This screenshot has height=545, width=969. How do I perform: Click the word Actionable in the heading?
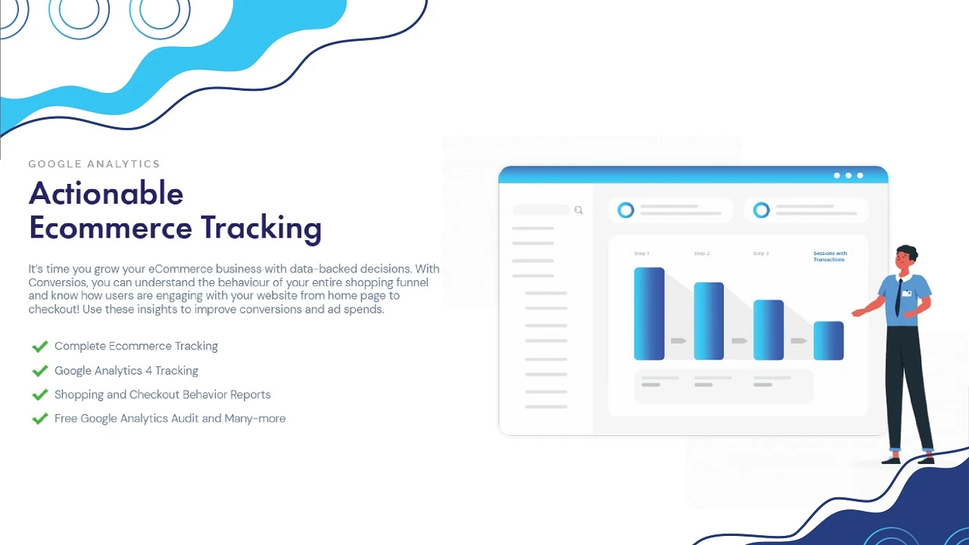[x=107, y=193]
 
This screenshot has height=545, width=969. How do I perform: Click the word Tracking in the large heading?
[x=261, y=229]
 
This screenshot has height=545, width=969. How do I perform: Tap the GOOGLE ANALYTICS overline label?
[x=95, y=164]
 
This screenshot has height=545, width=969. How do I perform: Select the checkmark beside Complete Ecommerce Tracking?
[x=40, y=347]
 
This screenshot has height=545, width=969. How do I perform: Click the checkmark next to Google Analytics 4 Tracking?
[x=40, y=371]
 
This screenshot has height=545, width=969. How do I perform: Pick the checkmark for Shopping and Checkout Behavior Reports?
[x=40, y=394]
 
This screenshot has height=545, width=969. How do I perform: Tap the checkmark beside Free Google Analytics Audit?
[x=40, y=419]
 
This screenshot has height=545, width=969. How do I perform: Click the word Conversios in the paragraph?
[x=58, y=282]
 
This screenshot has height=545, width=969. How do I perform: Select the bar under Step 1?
[x=650, y=313]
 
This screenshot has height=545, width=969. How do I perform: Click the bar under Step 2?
[x=709, y=321]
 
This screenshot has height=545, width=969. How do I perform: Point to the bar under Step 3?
[x=768, y=329]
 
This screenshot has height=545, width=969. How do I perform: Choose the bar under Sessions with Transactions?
[x=829, y=341]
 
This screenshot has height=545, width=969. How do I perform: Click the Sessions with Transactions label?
[x=830, y=257]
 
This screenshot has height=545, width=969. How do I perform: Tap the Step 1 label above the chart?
[x=641, y=254]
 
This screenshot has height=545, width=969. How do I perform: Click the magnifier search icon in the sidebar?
[x=578, y=210]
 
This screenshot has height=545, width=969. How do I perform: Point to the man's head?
[x=906, y=258]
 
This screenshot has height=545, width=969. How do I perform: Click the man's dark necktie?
[x=899, y=297]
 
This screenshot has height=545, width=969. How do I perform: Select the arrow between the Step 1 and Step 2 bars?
[x=679, y=341]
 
